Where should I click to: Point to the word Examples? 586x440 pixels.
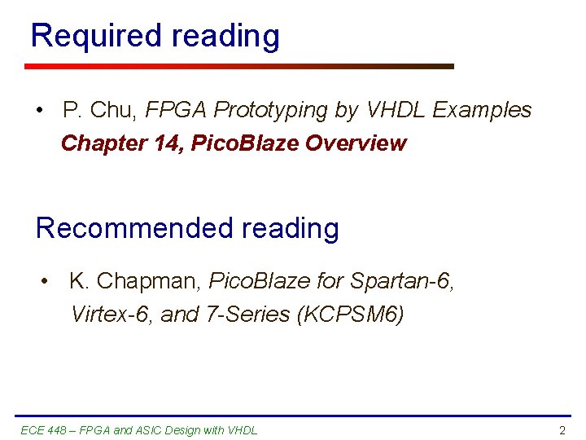(x=482, y=110)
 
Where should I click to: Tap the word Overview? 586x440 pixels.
(x=356, y=144)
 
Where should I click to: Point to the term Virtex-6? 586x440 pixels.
(x=111, y=315)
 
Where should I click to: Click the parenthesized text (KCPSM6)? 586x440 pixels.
(x=352, y=315)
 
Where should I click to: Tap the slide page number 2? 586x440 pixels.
(x=562, y=430)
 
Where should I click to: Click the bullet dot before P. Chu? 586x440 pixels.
(x=40, y=110)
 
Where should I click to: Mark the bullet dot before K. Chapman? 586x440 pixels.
(x=46, y=282)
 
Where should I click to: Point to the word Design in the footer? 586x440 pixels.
(x=183, y=430)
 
